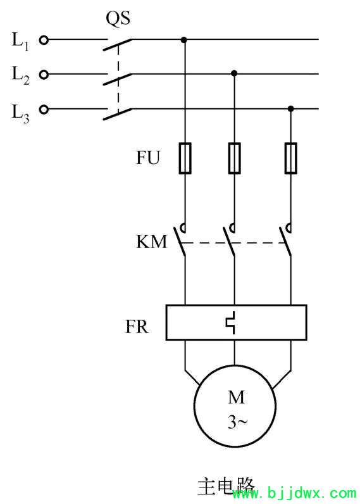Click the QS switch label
pos(118,18)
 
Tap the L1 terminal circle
pos(44,40)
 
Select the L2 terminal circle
pos(44,75)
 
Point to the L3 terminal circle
pos(44,110)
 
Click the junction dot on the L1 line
pos(183,40)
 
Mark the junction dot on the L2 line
pos(234,73)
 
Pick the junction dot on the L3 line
pos(290,109)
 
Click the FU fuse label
pos(147,158)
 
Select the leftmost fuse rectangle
pos(185,158)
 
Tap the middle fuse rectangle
pos(235,158)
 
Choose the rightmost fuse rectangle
pos(290,158)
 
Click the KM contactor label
pos(152,242)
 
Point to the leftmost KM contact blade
pos(180,242)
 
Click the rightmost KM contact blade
pos(285,242)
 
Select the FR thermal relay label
pos(137,327)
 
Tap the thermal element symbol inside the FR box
pos(232,322)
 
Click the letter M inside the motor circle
pos(237,397)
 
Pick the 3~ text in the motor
pos(238,422)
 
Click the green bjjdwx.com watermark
pos(294,493)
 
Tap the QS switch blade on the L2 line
pos(117,79)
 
